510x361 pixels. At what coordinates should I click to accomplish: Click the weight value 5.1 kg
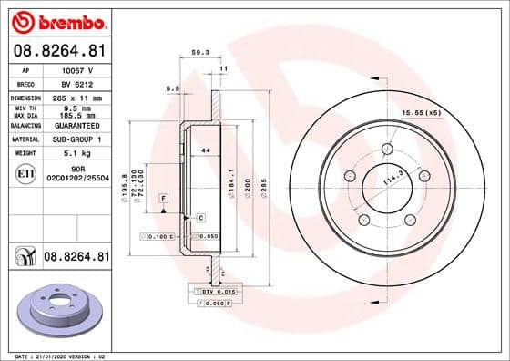click(x=73, y=153)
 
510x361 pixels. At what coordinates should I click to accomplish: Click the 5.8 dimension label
click(x=172, y=88)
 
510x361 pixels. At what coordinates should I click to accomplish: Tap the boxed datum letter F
click(x=163, y=198)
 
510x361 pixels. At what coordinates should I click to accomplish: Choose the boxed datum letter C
click(x=200, y=217)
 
